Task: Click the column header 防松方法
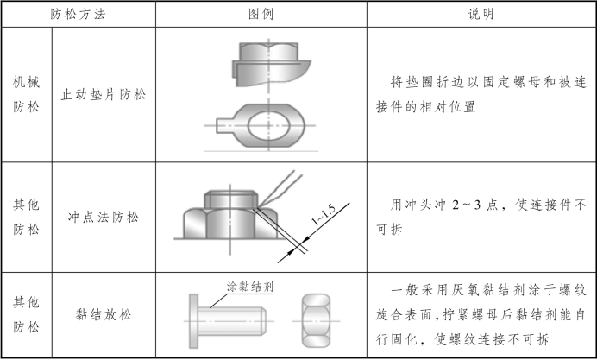click(80, 15)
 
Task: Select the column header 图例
click(261, 15)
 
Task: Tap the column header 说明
click(481, 15)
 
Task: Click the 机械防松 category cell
click(26, 95)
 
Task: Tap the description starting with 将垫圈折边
click(481, 95)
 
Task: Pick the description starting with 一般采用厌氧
click(481, 315)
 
